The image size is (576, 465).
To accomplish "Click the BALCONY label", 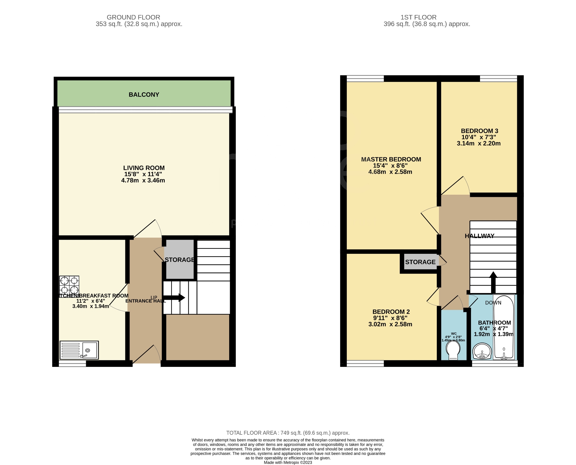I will pos(144,94).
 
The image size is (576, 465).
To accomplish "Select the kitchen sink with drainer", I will pos(79,350).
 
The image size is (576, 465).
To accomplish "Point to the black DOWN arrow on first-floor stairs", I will pos(493,282).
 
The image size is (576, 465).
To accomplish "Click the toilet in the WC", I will pos(453,351).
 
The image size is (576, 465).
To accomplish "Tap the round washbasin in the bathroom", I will pos(482,351).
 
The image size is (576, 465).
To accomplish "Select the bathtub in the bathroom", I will pos(504,327).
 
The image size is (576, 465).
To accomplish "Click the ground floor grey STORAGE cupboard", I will pos(180,260).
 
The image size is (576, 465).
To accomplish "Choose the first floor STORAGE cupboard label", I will pos(420,262).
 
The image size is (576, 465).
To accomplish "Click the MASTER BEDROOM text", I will pos(391,159).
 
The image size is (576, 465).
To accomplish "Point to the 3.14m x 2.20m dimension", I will pos(478,143).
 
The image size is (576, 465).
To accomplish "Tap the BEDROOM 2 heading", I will pos(391,312).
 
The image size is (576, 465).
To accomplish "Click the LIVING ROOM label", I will pos(144,168).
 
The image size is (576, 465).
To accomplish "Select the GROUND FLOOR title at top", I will pos(133,17).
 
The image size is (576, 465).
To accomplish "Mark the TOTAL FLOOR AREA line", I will pos(288,433).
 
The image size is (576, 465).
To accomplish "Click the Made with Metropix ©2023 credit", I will pos(288,463).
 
